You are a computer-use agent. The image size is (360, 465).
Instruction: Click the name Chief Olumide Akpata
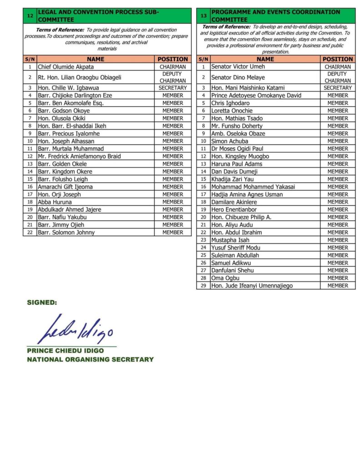tap(66, 67)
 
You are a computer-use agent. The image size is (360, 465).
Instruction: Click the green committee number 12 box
tap(30, 16)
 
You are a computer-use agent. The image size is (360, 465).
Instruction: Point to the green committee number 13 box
tap(204, 16)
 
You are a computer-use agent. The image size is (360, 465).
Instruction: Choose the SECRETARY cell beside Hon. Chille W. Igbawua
tap(173, 88)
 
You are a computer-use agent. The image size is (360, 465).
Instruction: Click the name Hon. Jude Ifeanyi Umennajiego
tap(252, 286)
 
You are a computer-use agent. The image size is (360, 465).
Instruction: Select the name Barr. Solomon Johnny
tap(66, 232)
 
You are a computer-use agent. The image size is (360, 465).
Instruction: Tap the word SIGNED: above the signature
tap(42, 302)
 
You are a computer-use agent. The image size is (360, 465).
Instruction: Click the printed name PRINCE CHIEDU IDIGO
tap(65, 351)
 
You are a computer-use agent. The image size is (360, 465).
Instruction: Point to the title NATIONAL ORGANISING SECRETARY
tap(90, 359)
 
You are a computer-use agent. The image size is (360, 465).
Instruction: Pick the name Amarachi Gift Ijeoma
tap(65, 187)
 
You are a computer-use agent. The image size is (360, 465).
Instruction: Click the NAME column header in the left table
tap(95, 59)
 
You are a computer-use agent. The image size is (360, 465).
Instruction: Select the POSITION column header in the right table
tap(338, 59)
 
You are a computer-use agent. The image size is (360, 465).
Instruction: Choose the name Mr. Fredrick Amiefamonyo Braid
tap(79, 156)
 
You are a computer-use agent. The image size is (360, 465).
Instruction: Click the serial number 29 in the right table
tap(203, 286)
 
